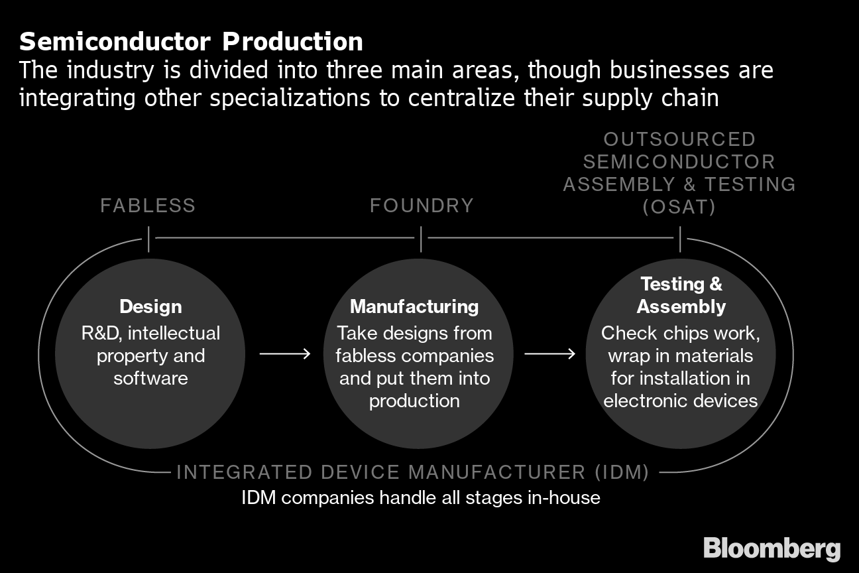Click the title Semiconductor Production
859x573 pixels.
click(x=191, y=42)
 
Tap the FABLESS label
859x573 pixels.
click(x=148, y=206)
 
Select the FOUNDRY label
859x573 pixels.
click(x=422, y=206)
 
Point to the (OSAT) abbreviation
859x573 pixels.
click(x=679, y=207)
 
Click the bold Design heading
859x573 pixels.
click(x=150, y=306)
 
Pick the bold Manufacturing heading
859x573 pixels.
click(x=414, y=306)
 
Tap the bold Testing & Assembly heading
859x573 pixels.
click(x=681, y=295)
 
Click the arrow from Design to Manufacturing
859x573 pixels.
click(x=285, y=354)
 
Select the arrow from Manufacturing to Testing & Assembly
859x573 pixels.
click(x=550, y=354)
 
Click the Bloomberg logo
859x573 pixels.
click(x=772, y=549)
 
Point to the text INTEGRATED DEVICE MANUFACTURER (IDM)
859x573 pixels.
click(x=412, y=472)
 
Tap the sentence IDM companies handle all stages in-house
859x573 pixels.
click(x=421, y=497)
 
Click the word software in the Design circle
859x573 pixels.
click(x=150, y=378)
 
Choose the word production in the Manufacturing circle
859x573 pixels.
click(x=414, y=401)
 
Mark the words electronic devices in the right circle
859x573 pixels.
click(x=681, y=401)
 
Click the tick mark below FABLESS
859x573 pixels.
click(x=148, y=239)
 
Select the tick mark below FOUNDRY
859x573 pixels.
click(x=421, y=239)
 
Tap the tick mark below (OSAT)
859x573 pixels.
click(x=680, y=239)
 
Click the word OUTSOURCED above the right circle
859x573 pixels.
click(x=679, y=139)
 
